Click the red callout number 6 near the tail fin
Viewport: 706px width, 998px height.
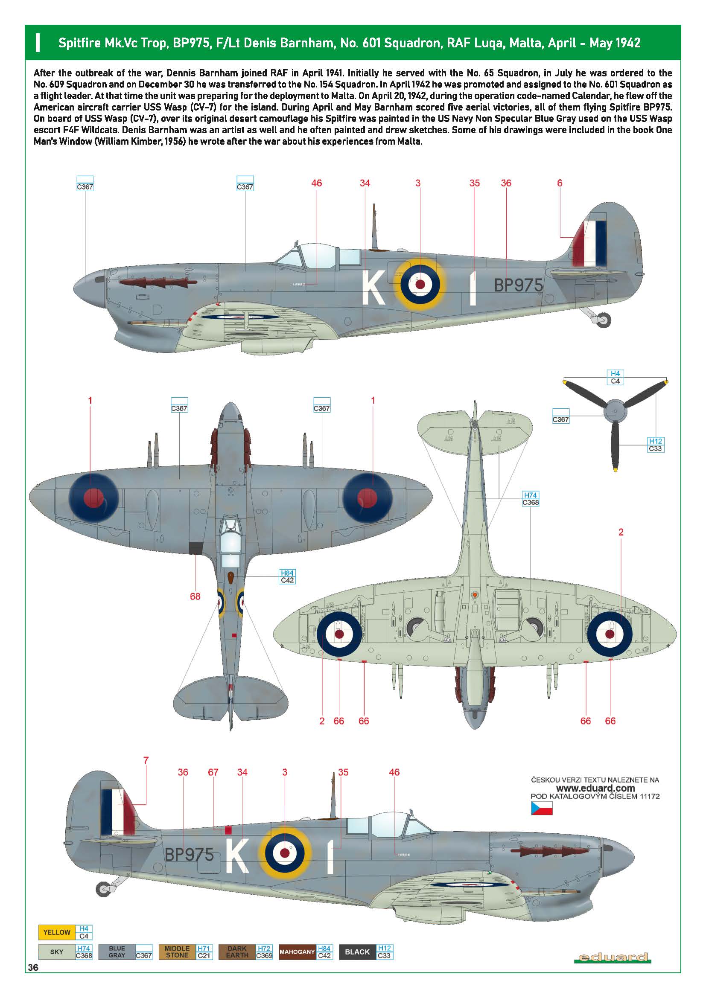560,183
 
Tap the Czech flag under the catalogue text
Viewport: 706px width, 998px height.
541,809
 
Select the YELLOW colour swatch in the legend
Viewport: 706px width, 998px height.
56,932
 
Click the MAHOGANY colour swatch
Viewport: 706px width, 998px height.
297,951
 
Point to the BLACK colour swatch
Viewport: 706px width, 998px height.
357,951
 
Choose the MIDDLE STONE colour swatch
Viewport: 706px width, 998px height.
177,951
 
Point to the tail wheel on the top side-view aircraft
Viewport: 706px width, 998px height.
604,320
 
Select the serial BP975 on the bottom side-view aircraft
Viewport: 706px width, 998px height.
190,855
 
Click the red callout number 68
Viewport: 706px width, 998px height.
195,596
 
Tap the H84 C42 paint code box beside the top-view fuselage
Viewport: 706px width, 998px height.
287,576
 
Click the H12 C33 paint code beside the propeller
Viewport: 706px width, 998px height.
656,445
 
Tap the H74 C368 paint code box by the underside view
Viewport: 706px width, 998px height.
531,498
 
